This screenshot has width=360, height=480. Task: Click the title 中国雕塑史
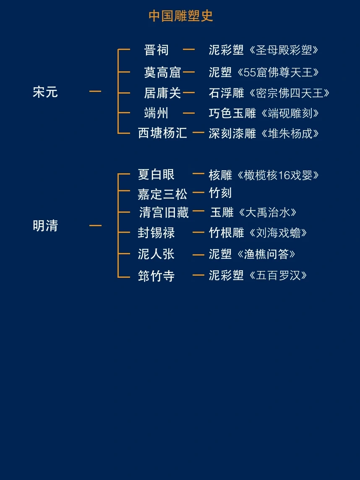(x=181, y=16)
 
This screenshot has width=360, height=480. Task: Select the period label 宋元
(x=45, y=92)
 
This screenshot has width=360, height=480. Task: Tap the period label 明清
(x=45, y=226)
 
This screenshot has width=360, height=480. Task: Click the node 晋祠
(x=156, y=50)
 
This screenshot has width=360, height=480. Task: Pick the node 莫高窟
(x=162, y=72)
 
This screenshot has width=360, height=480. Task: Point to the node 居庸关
(x=162, y=93)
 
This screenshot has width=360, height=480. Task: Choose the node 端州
(x=156, y=113)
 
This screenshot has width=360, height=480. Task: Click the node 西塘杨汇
(x=162, y=133)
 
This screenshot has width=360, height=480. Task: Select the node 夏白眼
(x=156, y=174)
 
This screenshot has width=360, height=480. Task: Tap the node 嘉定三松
(x=162, y=194)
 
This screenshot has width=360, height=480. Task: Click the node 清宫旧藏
(x=164, y=212)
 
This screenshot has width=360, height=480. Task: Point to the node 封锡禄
(x=156, y=232)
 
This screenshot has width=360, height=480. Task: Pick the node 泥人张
(x=156, y=254)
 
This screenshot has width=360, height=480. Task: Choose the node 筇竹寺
(x=156, y=276)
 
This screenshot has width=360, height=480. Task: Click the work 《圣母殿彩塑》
(x=283, y=50)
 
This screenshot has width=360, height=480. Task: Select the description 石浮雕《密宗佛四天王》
(x=269, y=93)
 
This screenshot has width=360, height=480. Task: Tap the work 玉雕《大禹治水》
(x=253, y=212)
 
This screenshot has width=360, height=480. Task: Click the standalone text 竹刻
(x=220, y=193)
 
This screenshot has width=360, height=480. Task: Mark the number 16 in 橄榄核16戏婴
(x=284, y=175)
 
